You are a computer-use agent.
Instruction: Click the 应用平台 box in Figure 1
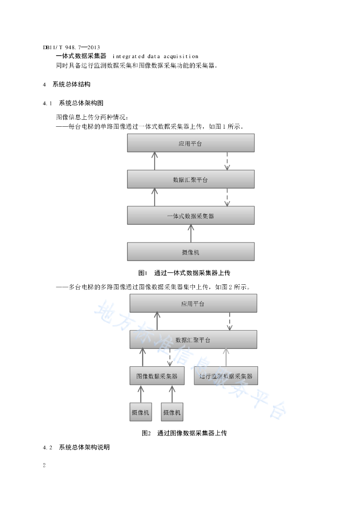pos(190,143)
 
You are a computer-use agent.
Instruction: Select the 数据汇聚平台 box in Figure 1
pos(190,179)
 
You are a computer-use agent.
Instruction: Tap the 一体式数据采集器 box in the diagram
pos(190,216)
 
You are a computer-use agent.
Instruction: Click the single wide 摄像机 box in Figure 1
pos(190,252)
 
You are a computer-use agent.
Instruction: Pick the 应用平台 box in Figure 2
pos(193,303)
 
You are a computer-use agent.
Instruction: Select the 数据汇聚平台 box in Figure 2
pos(193,339)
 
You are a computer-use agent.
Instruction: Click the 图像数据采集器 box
pos(157,376)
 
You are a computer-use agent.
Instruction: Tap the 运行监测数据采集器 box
pos(226,376)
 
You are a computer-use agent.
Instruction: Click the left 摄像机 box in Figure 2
pos(141,412)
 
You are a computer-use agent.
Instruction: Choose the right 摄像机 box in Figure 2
pos(172,412)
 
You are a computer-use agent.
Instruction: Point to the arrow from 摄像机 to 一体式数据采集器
pos(191,234)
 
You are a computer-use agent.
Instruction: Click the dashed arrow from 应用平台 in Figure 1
pos(227,161)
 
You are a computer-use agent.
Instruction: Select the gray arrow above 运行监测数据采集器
pos(226,358)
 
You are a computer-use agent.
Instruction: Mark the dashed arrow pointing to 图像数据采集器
pos(170,358)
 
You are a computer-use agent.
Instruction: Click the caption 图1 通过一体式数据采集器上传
pos(184,273)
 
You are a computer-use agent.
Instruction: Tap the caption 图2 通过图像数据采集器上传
pos(184,433)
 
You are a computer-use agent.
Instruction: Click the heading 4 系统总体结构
pos(67,85)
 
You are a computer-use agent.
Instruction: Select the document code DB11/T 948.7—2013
pos(72,47)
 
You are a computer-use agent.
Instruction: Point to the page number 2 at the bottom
pos(44,465)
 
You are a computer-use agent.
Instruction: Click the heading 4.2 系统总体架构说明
pos(76,447)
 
